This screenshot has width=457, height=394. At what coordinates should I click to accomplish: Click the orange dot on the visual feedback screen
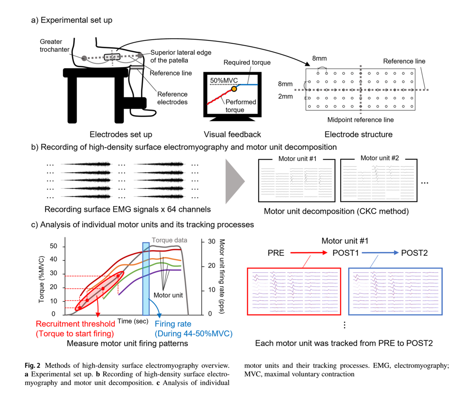[234, 89]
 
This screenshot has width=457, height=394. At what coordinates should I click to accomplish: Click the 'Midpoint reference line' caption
[360, 120]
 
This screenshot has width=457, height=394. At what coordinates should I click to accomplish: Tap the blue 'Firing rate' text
[173, 324]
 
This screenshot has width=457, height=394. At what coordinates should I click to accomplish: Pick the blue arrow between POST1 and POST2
[377, 253]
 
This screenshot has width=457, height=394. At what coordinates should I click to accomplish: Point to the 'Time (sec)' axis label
[132, 321]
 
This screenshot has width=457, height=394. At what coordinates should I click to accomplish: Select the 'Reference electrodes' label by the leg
[173, 98]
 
